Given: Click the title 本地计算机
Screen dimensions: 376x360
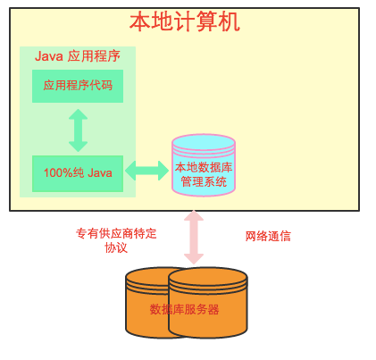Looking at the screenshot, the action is (x=185, y=21).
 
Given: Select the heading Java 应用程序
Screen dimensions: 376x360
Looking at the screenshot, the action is (x=78, y=56).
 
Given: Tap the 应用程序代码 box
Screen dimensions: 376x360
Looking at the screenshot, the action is (x=78, y=86).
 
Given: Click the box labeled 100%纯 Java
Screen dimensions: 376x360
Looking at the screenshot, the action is (x=78, y=173).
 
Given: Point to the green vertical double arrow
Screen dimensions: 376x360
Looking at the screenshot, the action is (x=78, y=130).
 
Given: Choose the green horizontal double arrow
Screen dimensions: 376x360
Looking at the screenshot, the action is (x=147, y=171).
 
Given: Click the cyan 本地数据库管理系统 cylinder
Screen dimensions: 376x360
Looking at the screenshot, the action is (x=204, y=165).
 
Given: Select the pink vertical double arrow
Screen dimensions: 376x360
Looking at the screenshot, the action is (x=194, y=238).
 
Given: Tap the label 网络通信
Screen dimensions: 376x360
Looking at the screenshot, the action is (x=268, y=237).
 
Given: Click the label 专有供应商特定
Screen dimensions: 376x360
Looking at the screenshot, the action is (x=116, y=233).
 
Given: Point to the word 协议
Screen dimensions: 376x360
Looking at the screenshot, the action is (x=116, y=247).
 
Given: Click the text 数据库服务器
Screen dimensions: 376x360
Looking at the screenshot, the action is (x=184, y=309).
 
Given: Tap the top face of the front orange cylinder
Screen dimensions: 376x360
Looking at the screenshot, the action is (x=208, y=277).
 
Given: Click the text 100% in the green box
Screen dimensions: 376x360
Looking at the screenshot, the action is (x=58, y=172).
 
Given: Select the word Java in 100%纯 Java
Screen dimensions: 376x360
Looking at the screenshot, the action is (x=100, y=172).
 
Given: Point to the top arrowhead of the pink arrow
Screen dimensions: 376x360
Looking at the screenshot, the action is (x=194, y=215).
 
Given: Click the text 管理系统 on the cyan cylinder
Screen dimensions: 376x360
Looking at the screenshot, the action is (x=204, y=181).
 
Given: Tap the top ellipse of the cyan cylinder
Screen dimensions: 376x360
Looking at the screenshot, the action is (x=204, y=142).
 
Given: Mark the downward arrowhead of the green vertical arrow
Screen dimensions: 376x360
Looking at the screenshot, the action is (x=78, y=147).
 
